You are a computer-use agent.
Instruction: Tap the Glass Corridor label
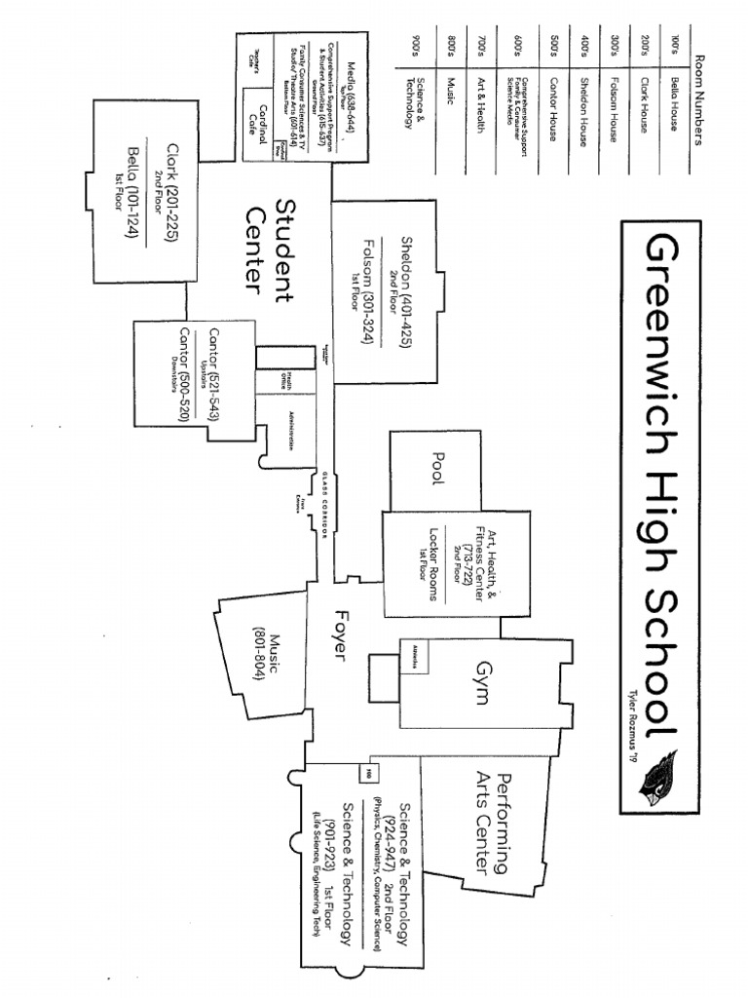326,503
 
